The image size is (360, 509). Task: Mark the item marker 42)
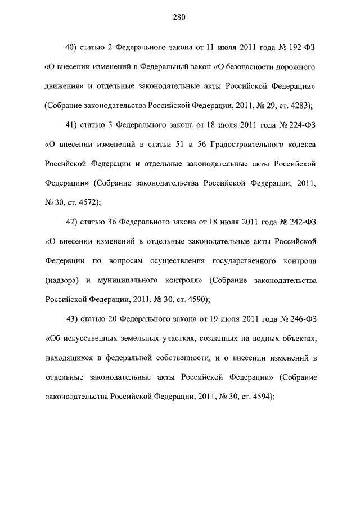point(72,222)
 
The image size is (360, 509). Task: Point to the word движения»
point(64,86)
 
